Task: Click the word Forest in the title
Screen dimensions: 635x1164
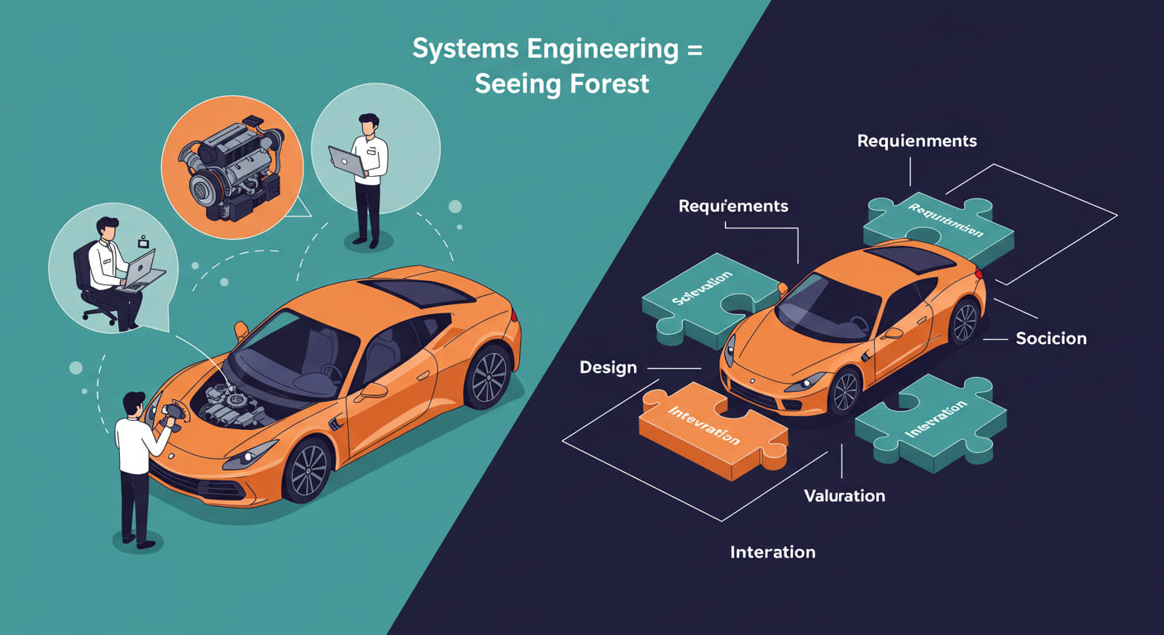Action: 605,84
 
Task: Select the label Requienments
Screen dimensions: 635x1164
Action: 917,141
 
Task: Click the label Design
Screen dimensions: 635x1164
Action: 608,367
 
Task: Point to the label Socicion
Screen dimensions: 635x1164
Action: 1051,338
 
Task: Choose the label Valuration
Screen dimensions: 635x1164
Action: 844,496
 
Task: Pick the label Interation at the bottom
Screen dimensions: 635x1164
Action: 772,552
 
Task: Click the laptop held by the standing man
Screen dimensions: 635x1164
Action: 347,160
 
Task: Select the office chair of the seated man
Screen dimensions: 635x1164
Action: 93,289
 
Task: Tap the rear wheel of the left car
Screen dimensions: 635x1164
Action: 487,377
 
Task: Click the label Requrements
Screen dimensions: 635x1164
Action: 732,206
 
